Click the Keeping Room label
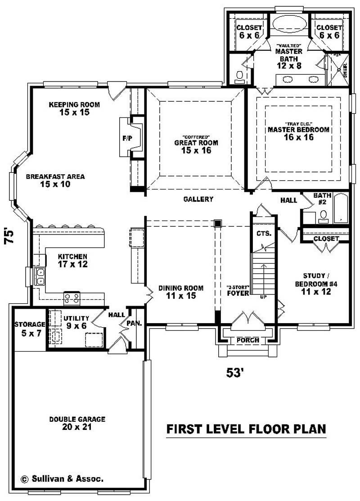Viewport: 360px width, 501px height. [x=74, y=108]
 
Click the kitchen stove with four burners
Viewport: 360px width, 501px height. [x=72, y=297]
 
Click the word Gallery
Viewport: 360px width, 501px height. [x=198, y=199]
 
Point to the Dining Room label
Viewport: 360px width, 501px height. [x=180, y=292]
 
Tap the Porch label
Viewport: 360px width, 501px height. [x=247, y=340]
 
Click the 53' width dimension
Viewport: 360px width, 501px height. [x=235, y=373]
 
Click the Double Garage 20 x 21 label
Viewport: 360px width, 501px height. [x=77, y=423]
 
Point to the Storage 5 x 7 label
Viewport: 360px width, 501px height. [x=30, y=328]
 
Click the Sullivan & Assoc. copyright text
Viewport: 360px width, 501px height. [x=62, y=479]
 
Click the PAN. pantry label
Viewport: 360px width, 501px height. [x=135, y=323]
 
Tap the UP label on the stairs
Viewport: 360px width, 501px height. [x=264, y=297]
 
